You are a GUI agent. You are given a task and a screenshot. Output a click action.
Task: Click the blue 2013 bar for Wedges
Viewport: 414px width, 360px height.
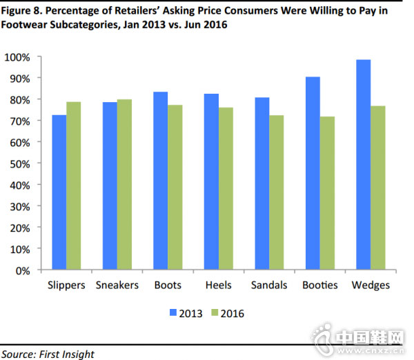pyautogui.click(x=363, y=166)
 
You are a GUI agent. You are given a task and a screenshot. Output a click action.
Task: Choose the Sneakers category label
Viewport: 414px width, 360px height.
pyautogui.click(x=116, y=285)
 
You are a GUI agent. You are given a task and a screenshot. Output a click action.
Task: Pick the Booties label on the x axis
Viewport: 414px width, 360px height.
pyautogui.click(x=320, y=285)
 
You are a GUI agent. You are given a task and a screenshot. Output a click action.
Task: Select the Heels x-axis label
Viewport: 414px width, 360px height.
pyautogui.click(x=218, y=285)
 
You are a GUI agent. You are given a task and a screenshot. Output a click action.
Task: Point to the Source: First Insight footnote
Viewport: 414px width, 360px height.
pyautogui.click(x=48, y=354)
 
